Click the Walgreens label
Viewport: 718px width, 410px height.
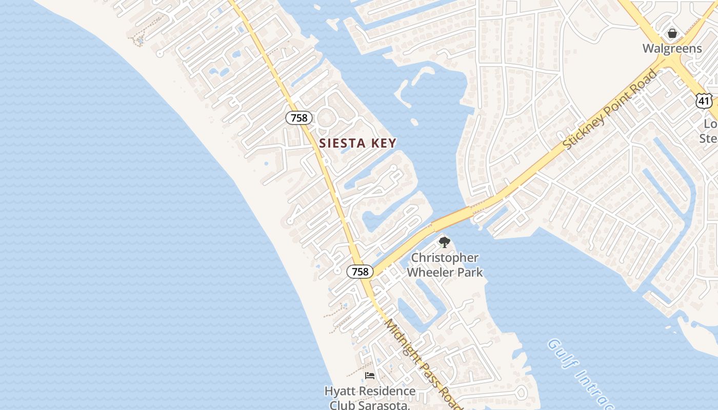[x=672, y=49]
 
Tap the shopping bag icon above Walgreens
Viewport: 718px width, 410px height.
[x=672, y=34]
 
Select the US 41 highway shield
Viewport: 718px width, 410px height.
[x=704, y=101]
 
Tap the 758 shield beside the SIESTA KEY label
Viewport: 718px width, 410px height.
[x=299, y=118]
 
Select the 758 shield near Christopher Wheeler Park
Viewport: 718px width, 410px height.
[x=360, y=272]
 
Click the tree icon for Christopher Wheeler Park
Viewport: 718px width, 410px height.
[x=444, y=242]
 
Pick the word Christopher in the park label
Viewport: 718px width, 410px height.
[x=445, y=258]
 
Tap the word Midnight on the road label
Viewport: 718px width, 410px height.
[x=402, y=338]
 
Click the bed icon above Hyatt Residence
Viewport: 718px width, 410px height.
[x=369, y=376]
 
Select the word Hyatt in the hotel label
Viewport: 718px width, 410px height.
[x=340, y=391]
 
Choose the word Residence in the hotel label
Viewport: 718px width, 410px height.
[x=387, y=391]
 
